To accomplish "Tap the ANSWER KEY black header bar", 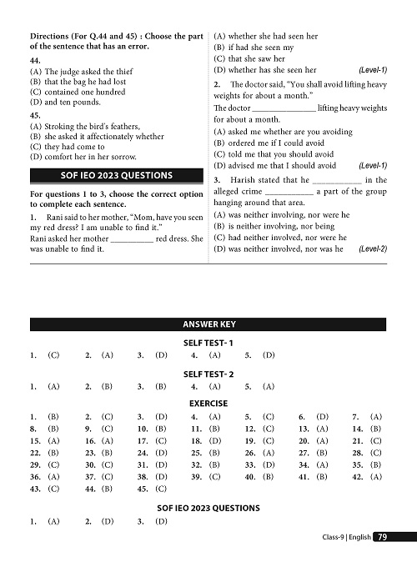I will point(208,324).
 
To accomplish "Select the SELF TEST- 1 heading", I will point(208,343).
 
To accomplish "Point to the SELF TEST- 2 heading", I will point(208,374).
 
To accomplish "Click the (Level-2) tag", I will point(373,248).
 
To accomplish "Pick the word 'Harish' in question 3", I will point(240,180).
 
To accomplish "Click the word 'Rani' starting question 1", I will point(48,217).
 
